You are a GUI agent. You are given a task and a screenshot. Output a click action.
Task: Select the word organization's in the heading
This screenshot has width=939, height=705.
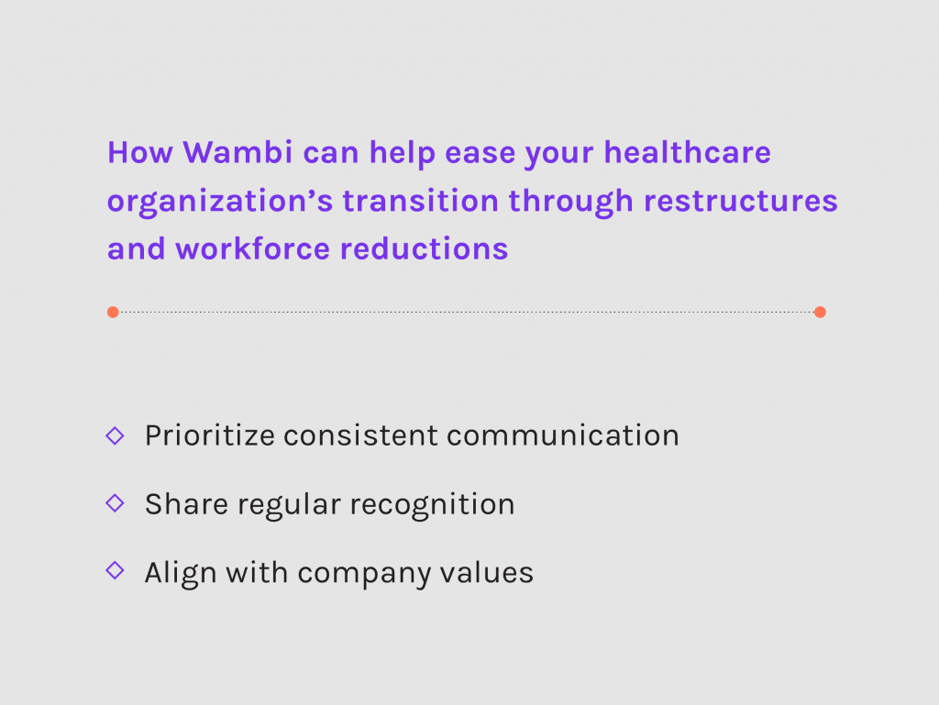[x=219, y=201]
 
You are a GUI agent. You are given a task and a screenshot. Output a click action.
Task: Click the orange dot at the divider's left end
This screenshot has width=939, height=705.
[x=113, y=312]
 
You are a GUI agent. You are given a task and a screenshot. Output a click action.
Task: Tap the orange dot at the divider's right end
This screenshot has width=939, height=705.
[x=820, y=312]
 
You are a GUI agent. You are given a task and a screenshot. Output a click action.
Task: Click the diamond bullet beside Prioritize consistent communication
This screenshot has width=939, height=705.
[x=115, y=435]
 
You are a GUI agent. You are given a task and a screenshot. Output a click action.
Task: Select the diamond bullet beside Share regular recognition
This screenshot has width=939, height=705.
[x=115, y=503]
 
